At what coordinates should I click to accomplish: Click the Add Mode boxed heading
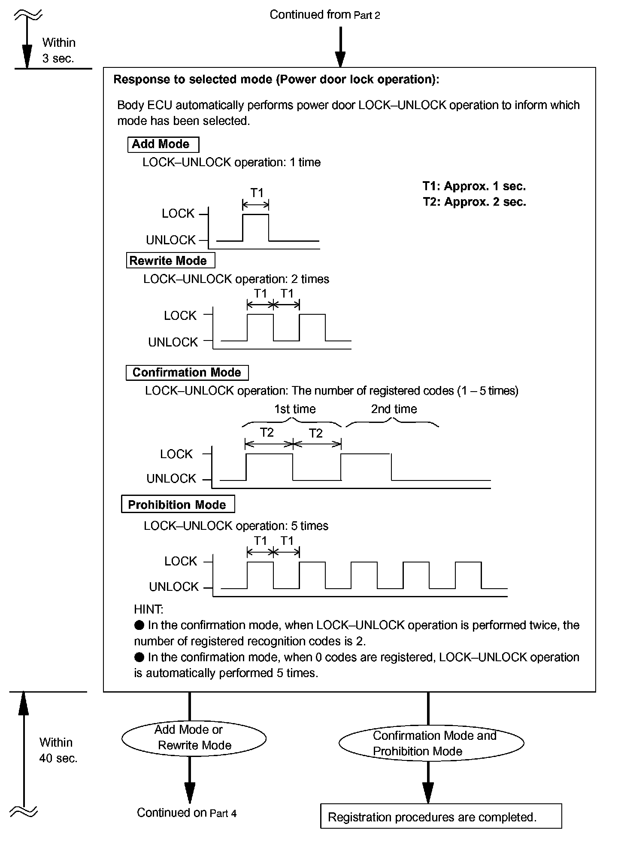click(163, 144)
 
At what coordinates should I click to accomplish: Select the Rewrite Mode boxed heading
click(170, 261)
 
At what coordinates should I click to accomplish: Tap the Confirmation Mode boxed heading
click(187, 372)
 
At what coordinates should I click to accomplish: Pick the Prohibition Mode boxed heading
click(178, 505)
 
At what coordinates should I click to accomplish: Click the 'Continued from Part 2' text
click(325, 15)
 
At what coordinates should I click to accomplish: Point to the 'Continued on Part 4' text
click(187, 812)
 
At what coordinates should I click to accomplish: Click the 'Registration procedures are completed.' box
click(441, 817)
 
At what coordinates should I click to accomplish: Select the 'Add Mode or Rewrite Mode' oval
click(194, 737)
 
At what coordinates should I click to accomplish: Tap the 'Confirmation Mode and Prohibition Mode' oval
click(431, 743)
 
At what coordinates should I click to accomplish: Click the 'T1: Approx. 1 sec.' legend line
click(474, 186)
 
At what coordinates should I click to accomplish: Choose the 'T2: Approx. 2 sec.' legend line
click(474, 202)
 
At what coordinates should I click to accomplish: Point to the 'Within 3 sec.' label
click(59, 50)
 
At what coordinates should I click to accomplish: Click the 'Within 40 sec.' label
click(58, 750)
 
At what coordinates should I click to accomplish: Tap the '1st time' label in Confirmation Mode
click(295, 409)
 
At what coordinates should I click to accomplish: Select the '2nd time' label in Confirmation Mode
click(394, 409)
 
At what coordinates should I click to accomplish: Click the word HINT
click(148, 609)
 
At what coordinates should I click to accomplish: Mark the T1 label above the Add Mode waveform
click(257, 193)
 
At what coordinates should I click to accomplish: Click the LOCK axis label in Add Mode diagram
click(178, 213)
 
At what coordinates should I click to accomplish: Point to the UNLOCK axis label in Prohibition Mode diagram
click(174, 587)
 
